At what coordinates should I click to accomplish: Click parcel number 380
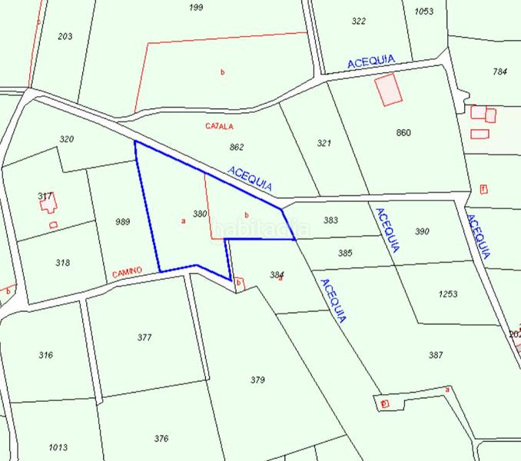(x=200, y=214)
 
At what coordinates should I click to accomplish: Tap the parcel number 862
(x=237, y=147)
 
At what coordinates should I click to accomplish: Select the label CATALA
(x=219, y=125)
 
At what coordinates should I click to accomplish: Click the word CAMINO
(x=127, y=273)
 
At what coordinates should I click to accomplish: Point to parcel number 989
(x=122, y=222)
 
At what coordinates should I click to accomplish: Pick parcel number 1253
(x=447, y=294)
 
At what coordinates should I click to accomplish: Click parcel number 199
(x=196, y=8)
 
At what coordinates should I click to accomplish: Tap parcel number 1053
(x=423, y=12)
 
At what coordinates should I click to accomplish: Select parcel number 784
(x=500, y=72)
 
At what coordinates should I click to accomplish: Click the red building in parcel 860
(x=389, y=89)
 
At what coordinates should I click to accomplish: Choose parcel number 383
(x=330, y=221)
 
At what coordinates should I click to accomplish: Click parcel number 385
(x=345, y=253)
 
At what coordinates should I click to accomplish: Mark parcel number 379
(x=257, y=380)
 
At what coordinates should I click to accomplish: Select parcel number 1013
(x=58, y=447)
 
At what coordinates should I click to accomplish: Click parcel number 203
(x=65, y=36)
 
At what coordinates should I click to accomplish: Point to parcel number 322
(x=359, y=21)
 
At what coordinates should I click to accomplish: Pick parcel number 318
(x=63, y=262)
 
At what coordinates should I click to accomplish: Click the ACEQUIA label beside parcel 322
(x=370, y=61)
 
